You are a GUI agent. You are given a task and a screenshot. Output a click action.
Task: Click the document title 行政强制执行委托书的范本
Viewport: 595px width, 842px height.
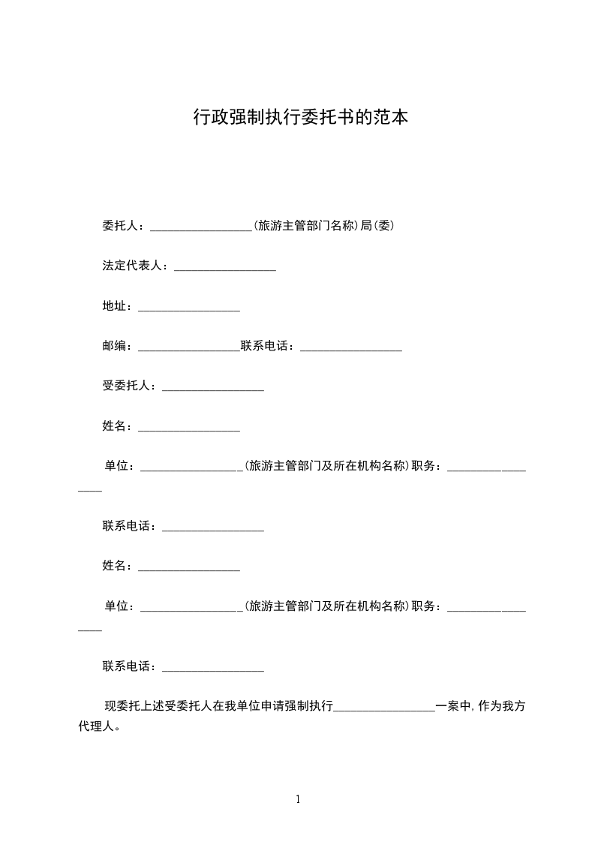(300, 118)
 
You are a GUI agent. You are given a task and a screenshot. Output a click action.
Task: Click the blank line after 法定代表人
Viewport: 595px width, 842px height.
(225, 267)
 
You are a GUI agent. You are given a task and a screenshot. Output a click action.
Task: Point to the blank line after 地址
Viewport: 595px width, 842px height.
(189, 308)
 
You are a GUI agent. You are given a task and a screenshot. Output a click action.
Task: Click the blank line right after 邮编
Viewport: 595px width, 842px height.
(189, 347)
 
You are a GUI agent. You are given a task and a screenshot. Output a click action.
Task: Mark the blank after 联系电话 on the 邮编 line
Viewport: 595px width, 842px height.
(351, 347)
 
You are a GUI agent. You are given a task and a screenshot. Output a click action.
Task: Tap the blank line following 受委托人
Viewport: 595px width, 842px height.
(213, 387)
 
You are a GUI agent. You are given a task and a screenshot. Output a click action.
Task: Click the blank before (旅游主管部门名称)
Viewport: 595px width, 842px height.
(202, 227)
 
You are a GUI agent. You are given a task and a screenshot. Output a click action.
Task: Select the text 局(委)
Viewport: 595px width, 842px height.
(378, 226)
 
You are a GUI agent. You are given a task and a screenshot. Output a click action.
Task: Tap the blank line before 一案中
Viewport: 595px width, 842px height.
(384, 708)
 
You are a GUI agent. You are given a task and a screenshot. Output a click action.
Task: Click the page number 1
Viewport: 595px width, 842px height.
(298, 799)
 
